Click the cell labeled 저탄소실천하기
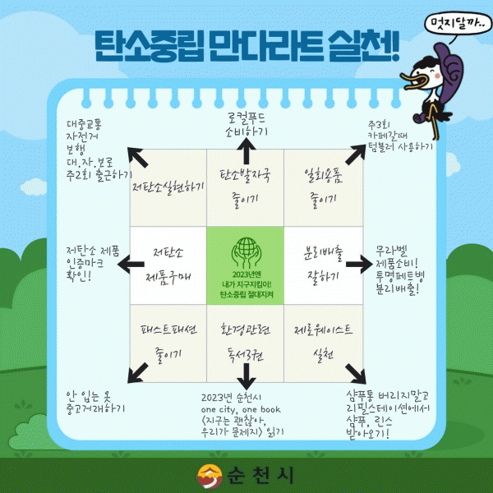tap(168, 187)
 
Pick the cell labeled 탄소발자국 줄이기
tap(246, 187)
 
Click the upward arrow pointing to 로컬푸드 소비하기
tap(245, 149)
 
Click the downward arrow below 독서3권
tap(245, 378)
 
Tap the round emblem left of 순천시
tap(208, 475)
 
